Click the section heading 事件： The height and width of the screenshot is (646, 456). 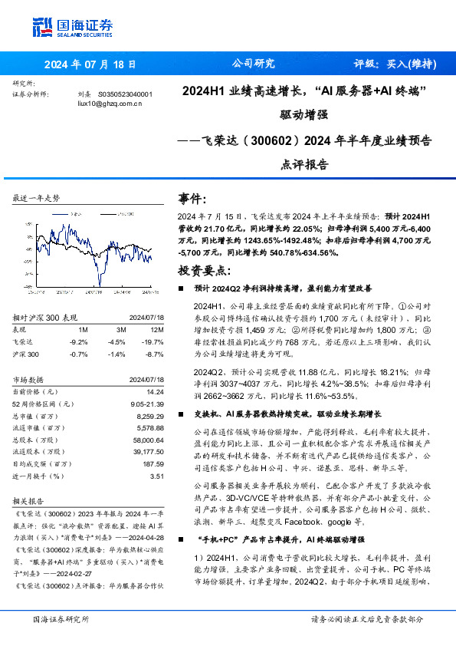click(x=192, y=198)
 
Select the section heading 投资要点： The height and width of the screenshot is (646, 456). click(x=203, y=270)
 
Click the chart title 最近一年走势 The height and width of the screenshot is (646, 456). click(x=36, y=198)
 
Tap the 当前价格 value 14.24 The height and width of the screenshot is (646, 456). click(x=155, y=391)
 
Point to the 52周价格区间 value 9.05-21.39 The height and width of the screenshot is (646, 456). click(x=146, y=402)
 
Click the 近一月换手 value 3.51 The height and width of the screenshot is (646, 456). click(x=158, y=476)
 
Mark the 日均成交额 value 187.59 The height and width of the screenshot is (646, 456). click(x=153, y=463)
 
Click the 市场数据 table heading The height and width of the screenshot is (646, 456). click(x=31, y=378)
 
